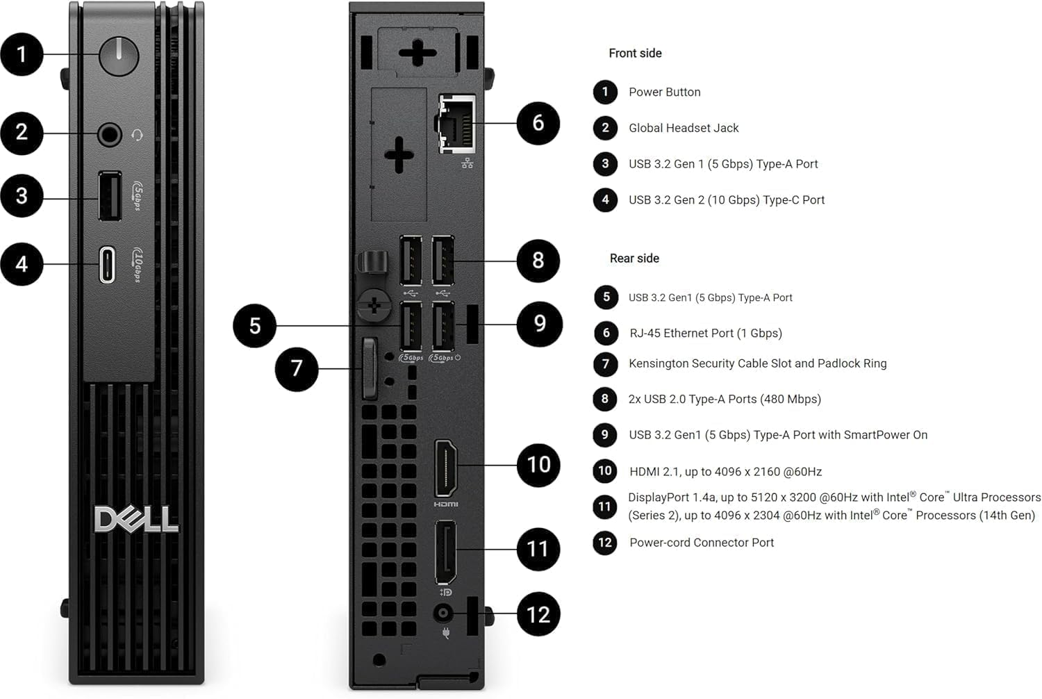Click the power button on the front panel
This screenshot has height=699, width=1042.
[x=119, y=56]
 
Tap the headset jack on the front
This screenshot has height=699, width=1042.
[x=109, y=134]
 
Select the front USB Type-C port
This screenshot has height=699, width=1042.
[x=107, y=264]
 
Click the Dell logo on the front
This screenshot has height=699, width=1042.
[x=136, y=520]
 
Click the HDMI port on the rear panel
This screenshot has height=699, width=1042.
[x=446, y=468]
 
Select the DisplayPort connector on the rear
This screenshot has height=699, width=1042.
[x=445, y=552]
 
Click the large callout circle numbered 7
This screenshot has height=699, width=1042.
[x=297, y=369]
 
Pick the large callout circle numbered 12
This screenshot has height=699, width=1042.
[x=538, y=615]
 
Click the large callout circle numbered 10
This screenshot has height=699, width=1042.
[x=538, y=465]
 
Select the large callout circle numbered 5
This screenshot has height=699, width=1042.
[x=255, y=325]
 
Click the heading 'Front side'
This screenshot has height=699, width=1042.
[x=635, y=54]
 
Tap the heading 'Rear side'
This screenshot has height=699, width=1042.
[x=634, y=258]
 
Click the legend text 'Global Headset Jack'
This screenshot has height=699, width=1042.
[x=684, y=128]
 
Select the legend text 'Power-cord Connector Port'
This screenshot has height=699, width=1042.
[x=702, y=543]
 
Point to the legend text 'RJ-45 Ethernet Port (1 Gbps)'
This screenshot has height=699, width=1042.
[x=705, y=334]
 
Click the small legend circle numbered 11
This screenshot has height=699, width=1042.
[x=604, y=507]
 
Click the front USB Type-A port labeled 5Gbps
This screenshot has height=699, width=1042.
[x=110, y=196]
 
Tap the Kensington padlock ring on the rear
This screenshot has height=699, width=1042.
[x=370, y=368]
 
